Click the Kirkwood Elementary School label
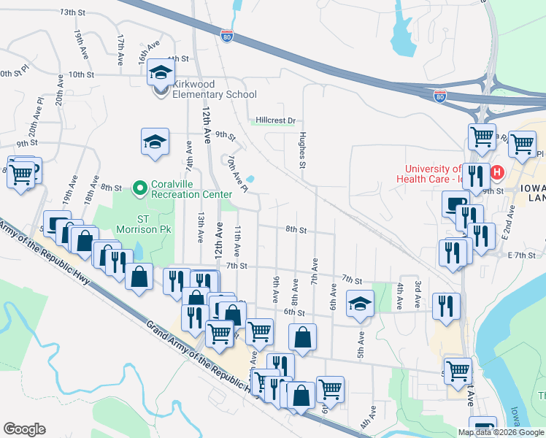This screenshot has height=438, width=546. (214, 94)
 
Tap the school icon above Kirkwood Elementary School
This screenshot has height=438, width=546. (161, 73)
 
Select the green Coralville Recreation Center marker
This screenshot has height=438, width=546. (140, 189)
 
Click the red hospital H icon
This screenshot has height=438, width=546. (497, 172)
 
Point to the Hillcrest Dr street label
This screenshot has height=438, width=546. (275, 120)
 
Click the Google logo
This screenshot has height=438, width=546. (24, 429)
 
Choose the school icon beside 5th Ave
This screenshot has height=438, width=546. (359, 303)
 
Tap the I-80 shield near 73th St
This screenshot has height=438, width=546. (227, 34)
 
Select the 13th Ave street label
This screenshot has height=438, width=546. (199, 228)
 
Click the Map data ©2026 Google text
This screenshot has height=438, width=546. (501, 432)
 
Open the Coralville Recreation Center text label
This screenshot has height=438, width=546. (192, 189)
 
